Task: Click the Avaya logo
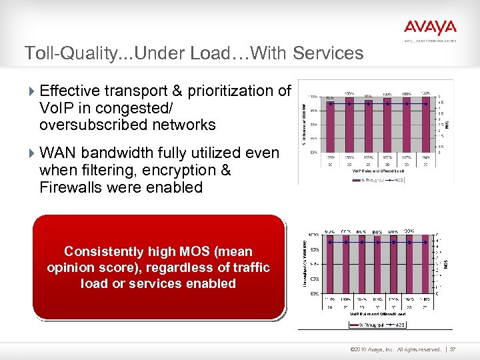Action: (x=430, y=27)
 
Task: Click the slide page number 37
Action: (x=453, y=349)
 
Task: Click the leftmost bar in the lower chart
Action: (x=330, y=267)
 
